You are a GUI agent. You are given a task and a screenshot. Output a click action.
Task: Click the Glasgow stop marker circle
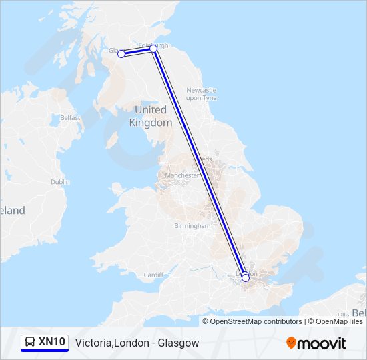[x=121, y=54]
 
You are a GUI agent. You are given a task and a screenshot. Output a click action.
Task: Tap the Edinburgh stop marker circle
[x=153, y=49]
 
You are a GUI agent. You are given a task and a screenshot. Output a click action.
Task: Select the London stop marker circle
[x=246, y=277]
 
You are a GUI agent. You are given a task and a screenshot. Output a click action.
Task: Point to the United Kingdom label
[x=151, y=116]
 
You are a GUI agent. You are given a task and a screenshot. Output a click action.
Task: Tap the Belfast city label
[x=70, y=118]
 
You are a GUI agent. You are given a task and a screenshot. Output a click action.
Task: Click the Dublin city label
[x=59, y=181]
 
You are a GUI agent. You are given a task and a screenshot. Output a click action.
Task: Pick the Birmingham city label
[x=192, y=226]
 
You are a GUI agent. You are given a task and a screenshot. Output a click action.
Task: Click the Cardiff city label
[x=153, y=275]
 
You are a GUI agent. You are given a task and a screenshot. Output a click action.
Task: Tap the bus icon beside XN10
[x=30, y=342]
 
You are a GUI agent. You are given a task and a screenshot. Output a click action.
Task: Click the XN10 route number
[x=52, y=342]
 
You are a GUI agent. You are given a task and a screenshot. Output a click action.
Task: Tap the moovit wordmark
[x=322, y=343]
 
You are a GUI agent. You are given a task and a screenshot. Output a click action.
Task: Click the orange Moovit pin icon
[x=292, y=343]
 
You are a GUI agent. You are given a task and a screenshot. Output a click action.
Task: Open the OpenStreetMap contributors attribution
[x=256, y=321]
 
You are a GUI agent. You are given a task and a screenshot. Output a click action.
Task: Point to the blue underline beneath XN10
[x=45, y=351]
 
